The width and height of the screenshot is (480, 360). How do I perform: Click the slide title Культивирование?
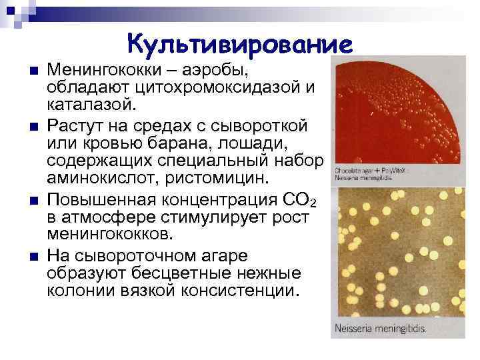pos(239,45)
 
